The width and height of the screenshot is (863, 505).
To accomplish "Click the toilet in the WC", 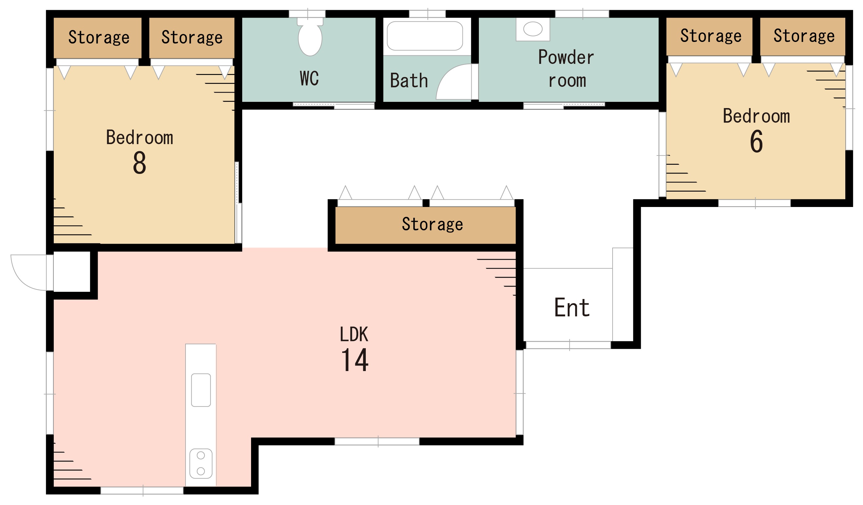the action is click(310, 37).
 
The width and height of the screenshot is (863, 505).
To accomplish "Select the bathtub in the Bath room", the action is click(425, 36).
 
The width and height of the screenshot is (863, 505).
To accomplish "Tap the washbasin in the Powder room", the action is click(533, 29).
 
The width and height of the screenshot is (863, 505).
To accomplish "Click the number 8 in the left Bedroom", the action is click(139, 162).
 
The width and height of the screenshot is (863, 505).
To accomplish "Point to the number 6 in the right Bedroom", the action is click(756, 141).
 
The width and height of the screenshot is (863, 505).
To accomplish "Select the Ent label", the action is click(572, 308).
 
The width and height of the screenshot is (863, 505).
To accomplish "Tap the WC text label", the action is click(309, 78).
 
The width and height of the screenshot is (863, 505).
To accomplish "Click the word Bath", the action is click(409, 81).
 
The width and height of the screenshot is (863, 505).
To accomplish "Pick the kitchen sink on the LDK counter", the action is click(201, 390).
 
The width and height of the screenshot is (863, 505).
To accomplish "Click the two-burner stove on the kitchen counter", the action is click(201, 464).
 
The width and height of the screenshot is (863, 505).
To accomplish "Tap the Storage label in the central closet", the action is click(432, 225).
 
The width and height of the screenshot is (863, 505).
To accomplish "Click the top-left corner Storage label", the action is click(99, 37).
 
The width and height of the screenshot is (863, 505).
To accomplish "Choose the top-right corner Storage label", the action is click(804, 36).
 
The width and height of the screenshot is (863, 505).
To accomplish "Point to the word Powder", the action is click(566, 57).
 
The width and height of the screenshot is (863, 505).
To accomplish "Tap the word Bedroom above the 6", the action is click(756, 116).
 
